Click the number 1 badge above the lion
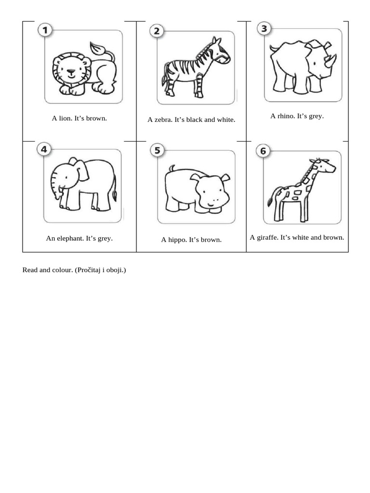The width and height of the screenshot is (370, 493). (45, 31)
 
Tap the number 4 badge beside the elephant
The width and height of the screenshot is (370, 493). (44, 149)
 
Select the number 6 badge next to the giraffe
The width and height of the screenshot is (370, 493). (263, 151)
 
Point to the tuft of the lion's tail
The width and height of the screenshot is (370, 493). (99, 48)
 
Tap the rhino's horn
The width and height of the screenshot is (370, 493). (330, 60)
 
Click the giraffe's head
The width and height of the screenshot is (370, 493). (328, 166)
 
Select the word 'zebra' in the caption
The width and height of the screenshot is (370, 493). (162, 119)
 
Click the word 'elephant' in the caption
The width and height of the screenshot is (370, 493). (70, 238)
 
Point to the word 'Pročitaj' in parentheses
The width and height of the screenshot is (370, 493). (89, 270)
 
